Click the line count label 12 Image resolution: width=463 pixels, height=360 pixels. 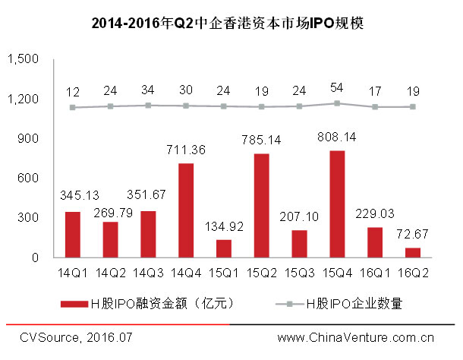coord(73,92)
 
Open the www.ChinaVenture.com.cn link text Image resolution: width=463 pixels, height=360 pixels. coord(355,337)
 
